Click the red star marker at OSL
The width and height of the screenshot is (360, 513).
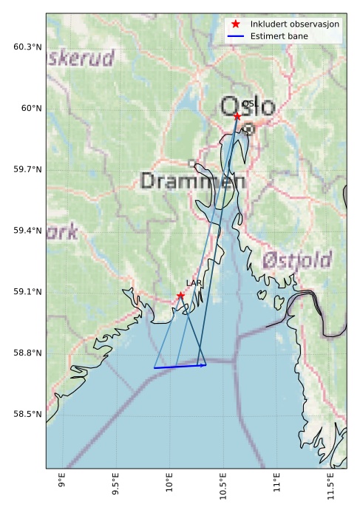pyautogui.click(x=237, y=116)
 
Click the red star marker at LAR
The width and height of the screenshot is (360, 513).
pyautogui.click(x=180, y=296)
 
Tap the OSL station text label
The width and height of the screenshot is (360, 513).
pyautogui.click(x=251, y=104)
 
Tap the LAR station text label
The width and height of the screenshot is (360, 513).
pyautogui.click(x=194, y=283)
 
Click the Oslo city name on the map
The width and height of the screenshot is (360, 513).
pyautogui.click(x=248, y=107)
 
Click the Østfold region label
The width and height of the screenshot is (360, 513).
pyautogui.click(x=297, y=260)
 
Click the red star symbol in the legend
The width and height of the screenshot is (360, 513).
pyautogui.click(x=236, y=24)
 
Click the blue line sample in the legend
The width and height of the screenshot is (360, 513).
pyautogui.click(x=236, y=36)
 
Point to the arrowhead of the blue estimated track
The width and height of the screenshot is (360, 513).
pyautogui.click(x=205, y=364)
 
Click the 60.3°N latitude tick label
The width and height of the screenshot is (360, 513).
pyautogui.click(x=27, y=47)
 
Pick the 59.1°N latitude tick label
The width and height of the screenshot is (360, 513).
pyautogui.click(x=27, y=292)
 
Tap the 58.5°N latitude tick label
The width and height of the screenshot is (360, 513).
pyautogui.click(x=27, y=414)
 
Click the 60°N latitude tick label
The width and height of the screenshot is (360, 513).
pyautogui.click(x=30, y=109)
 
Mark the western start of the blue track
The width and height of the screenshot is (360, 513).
pyautogui.click(x=154, y=367)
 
